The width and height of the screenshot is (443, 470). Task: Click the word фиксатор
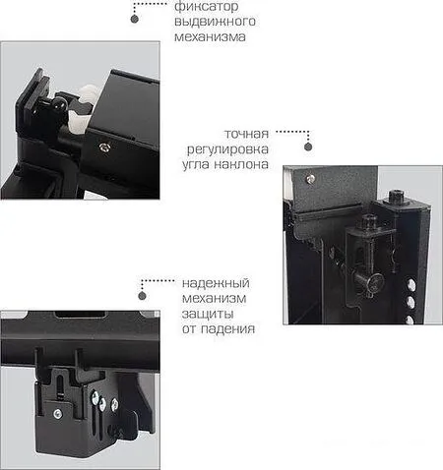point(202,7)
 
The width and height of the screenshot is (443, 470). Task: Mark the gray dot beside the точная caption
point(307,147)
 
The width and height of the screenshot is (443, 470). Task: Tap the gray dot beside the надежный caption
point(143,294)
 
